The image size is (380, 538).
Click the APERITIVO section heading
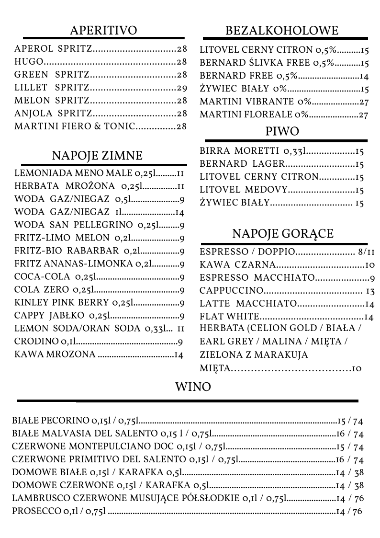point(103,31)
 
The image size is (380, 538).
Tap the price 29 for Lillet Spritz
point(181,88)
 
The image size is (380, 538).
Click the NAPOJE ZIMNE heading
point(97,155)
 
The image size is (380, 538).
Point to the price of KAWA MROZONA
point(178,355)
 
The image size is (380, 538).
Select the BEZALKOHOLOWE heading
point(282,31)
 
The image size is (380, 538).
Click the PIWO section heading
point(282,131)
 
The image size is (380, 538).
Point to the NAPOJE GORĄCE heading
point(283,234)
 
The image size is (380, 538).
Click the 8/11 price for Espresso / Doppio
point(366,252)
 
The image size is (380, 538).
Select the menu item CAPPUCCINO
point(232,291)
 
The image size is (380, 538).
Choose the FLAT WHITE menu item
point(229,317)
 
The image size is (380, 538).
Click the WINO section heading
point(193,387)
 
